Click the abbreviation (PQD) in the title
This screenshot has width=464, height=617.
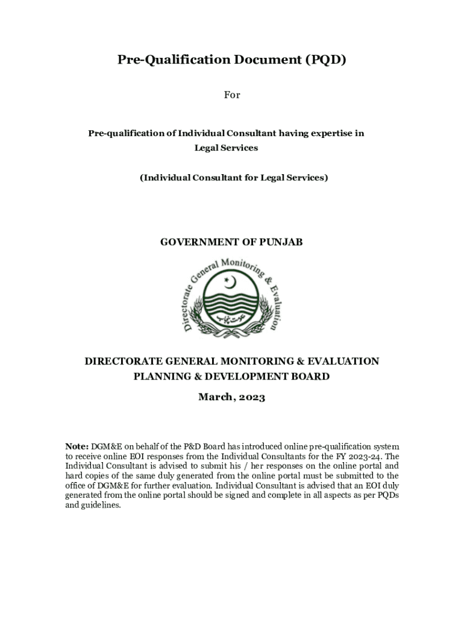coord(325,60)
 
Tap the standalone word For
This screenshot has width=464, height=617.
coord(232,95)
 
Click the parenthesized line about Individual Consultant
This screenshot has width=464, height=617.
coord(234,178)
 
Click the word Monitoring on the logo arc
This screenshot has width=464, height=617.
coord(241,266)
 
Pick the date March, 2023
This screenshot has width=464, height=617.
coord(231,398)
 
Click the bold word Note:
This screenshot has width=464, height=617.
coord(77,446)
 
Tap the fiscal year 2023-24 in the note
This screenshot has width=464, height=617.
coord(363,456)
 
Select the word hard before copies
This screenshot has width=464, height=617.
coord(74,476)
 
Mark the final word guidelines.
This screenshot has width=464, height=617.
coord(102,505)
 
